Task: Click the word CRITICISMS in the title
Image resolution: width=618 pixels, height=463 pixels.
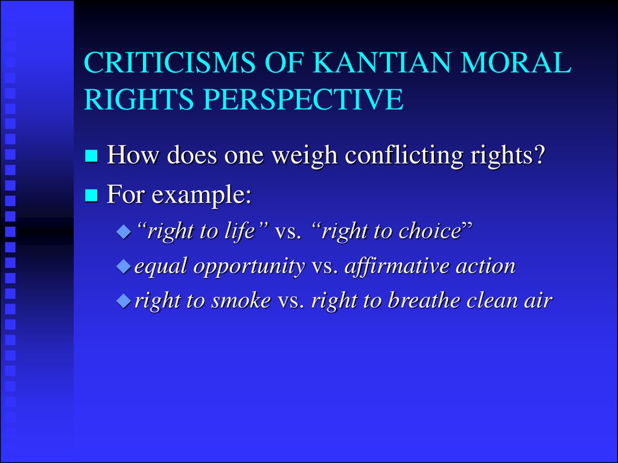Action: pyautogui.click(x=170, y=62)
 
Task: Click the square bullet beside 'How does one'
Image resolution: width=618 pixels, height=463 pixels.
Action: pyautogui.click(x=91, y=156)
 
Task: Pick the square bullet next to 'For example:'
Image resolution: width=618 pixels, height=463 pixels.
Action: pyautogui.click(x=91, y=195)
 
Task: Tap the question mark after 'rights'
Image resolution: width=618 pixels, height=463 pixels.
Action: pyautogui.click(x=539, y=154)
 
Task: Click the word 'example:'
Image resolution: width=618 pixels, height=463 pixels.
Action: pyautogui.click(x=202, y=195)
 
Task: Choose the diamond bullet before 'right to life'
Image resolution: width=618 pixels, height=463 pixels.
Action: pyautogui.click(x=124, y=231)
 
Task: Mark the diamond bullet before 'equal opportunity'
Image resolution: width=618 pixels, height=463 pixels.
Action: pyautogui.click(x=124, y=266)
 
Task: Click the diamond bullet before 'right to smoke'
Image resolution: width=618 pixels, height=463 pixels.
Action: pyautogui.click(x=124, y=301)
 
